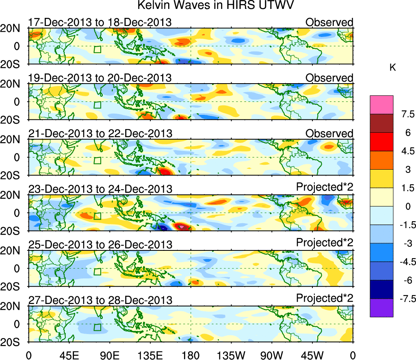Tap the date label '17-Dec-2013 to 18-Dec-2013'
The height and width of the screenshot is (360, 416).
[100, 22]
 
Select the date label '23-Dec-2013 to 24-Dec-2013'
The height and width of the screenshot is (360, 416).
[100, 189]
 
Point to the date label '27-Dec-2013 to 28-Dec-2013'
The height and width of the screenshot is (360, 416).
[100, 300]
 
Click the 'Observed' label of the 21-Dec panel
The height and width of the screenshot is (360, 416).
[329, 133]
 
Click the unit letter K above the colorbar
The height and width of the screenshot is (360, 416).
[392, 68]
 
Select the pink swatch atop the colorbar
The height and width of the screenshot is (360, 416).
[381, 104]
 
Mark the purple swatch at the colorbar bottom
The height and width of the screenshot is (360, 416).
[381, 308]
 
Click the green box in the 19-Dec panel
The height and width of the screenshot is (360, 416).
[97, 104]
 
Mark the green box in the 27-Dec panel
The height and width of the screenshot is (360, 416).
[97, 327]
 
